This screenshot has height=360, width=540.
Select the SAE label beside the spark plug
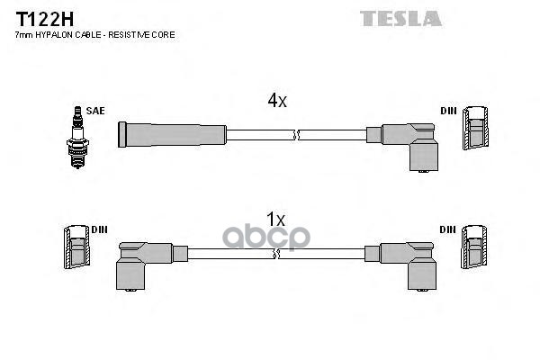[x=95, y=111]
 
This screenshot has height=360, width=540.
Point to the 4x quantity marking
[x=276, y=101]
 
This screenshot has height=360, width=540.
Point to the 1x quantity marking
[x=276, y=220]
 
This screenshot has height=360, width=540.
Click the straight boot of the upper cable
[x=171, y=135]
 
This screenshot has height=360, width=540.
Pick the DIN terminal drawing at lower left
[x=77, y=249]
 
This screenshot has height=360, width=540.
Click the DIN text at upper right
[x=448, y=111]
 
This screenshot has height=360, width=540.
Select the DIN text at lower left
[x=99, y=229]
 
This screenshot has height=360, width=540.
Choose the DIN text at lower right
[x=448, y=229]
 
